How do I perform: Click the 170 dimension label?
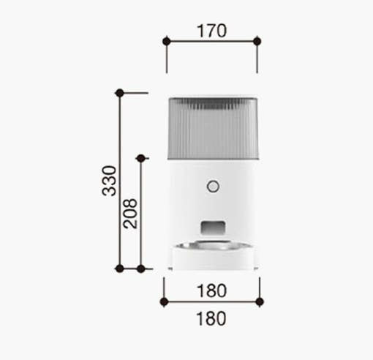pos(211,31)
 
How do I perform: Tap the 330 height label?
pos(109,181)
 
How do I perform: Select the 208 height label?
pos(130,214)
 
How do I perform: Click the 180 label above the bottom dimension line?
pos(211,290)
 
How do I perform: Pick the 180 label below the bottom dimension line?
pos(211,318)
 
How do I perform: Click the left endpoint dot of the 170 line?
pos(167,41)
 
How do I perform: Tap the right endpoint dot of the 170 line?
pos(257,41)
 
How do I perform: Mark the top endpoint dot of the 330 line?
pos(119,93)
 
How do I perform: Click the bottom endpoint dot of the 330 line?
pos(119,269)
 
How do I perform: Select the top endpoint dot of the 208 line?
pos(140,159)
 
